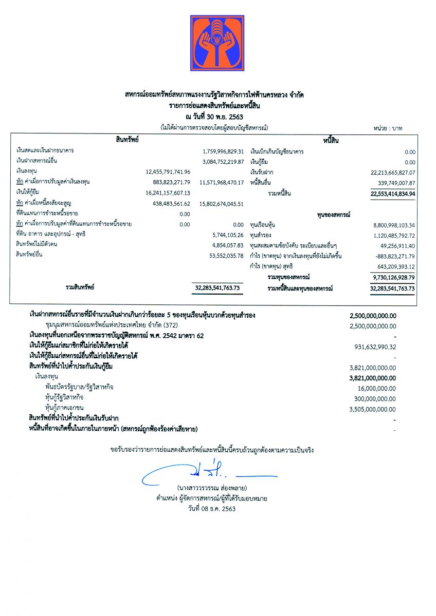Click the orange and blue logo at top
click(217, 43)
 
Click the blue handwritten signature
click(206, 473)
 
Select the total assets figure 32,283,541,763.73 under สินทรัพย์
click(218, 289)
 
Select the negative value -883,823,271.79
click(393, 256)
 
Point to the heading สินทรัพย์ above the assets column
click(127, 140)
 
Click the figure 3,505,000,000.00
click(373, 409)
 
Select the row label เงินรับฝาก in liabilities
click(262, 172)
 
